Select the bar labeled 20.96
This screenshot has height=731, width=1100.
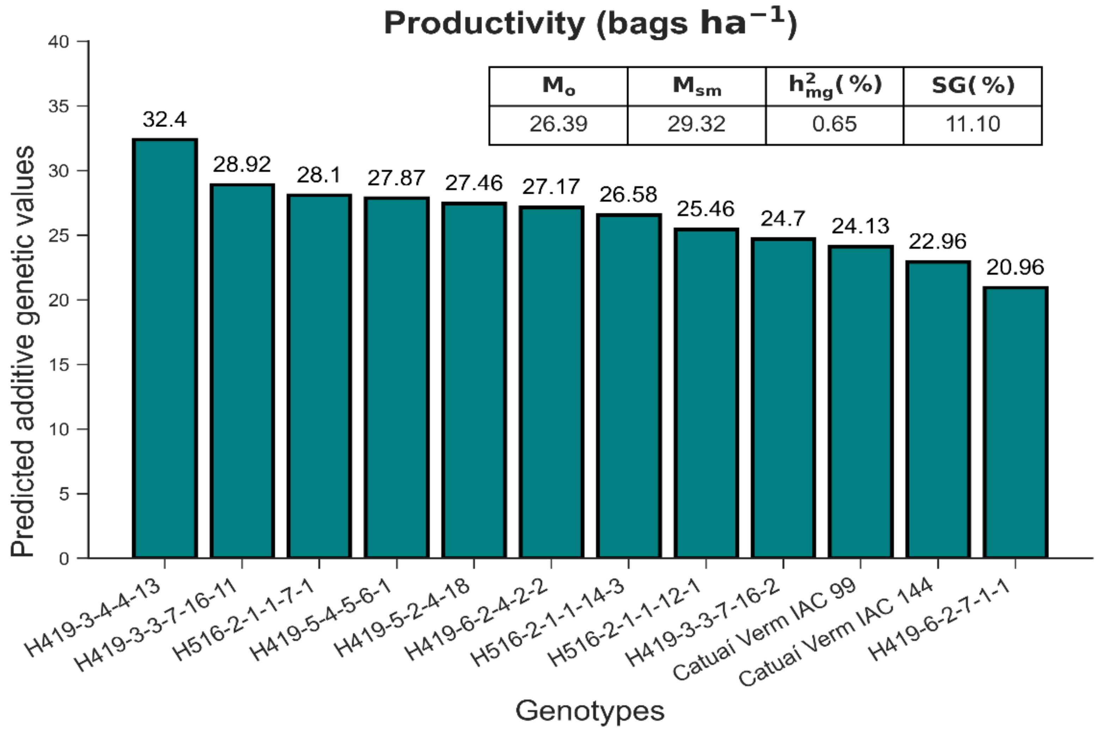1015,422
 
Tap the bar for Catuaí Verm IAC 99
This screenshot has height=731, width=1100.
860,402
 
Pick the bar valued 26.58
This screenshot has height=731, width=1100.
628,386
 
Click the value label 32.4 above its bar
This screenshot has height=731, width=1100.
165,119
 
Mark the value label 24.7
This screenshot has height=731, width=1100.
783,218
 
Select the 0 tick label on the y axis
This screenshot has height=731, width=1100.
64,559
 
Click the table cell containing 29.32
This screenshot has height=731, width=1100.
696,124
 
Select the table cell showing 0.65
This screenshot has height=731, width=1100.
834,124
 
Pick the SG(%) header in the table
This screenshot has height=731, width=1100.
973,86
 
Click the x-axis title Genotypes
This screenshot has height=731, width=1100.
589,711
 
